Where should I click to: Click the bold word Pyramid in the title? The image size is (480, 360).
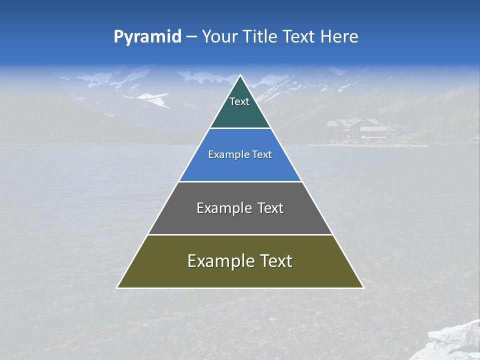147,37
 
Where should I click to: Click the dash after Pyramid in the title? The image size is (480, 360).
191,37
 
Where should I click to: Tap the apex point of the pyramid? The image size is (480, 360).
240,76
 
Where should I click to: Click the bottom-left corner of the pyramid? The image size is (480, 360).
118,287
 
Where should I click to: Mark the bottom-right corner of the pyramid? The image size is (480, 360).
362,287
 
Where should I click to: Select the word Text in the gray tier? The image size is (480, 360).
270,208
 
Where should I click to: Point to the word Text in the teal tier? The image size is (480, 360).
239,101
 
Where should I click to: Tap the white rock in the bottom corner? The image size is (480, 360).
455,342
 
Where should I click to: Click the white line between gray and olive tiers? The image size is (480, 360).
240,234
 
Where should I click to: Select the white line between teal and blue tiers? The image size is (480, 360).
240,128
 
